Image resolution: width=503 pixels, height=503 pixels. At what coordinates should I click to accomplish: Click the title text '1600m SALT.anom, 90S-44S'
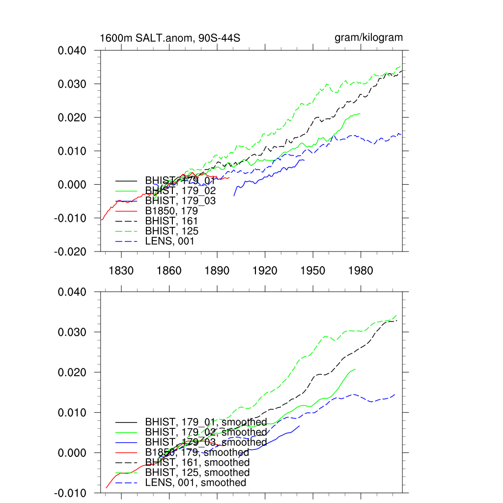point(169,38)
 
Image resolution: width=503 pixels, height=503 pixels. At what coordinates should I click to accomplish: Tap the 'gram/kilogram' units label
point(368,37)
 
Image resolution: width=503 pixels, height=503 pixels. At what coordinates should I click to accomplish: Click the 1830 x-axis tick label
point(121,271)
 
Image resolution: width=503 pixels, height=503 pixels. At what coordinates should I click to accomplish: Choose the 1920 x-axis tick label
point(265,271)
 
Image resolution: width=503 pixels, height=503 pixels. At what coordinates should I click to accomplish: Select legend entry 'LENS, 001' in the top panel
point(169,241)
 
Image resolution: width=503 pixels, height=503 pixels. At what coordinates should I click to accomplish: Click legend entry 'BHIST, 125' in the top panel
point(171,231)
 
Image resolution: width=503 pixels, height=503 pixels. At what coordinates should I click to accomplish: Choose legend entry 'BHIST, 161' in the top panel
point(171,221)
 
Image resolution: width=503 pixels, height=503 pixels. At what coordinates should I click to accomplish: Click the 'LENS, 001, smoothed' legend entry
point(196,483)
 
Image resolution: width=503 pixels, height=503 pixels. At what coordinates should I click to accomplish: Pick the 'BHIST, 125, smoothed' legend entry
point(197,473)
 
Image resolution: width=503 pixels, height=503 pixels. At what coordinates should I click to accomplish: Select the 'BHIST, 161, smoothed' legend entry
point(197,463)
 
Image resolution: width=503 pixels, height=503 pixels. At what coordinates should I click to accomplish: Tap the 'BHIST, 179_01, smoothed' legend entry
point(206,422)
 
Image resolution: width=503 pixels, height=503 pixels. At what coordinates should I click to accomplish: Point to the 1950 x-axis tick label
point(313,271)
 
